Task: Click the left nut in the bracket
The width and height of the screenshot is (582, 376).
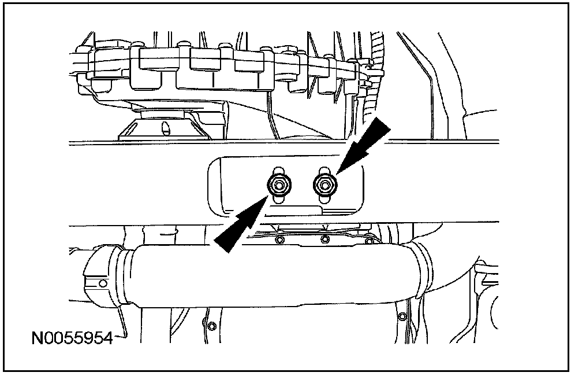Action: coord(279,185)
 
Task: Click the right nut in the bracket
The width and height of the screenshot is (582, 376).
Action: coord(324,185)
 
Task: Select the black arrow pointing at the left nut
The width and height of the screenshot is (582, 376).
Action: coord(239,226)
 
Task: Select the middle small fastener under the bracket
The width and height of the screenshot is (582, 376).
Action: coord(325,239)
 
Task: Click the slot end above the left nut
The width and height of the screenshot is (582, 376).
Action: coord(279,170)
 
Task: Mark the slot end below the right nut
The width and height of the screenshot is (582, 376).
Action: coord(324,199)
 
